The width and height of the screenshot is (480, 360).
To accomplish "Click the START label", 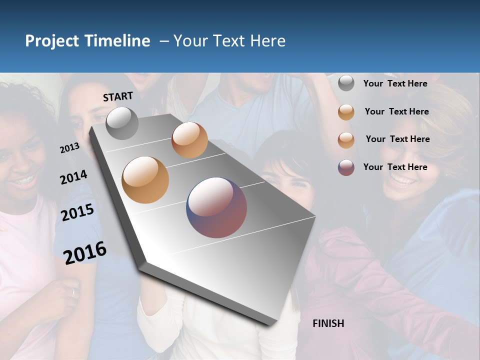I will tap(118, 96).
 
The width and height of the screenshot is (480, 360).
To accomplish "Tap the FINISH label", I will tap(328, 323).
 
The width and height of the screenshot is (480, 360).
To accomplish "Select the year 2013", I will tap(69, 147).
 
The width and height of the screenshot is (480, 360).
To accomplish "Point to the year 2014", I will tap(73, 177).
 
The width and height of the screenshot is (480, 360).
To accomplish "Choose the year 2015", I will tap(77, 212).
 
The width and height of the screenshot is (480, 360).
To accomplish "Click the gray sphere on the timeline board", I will tap(122, 123).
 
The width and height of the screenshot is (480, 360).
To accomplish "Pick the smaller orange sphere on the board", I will tap(189, 140).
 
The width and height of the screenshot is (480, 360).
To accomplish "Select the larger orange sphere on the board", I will tap(145, 180).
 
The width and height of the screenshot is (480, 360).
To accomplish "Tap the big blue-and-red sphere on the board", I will tap(216, 207).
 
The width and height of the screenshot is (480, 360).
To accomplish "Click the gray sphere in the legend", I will tap(346, 83).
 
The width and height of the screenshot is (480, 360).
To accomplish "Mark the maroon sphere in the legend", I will tap(346, 167).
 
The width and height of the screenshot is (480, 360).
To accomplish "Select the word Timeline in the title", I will tap(118, 41).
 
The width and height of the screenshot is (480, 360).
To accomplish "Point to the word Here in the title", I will tap(267, 41).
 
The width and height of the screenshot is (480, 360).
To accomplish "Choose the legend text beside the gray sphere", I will tap(395, 83).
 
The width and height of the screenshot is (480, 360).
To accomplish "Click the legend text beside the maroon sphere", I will tap(395, 167).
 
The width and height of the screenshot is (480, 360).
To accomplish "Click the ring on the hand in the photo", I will tap(73, 292).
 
